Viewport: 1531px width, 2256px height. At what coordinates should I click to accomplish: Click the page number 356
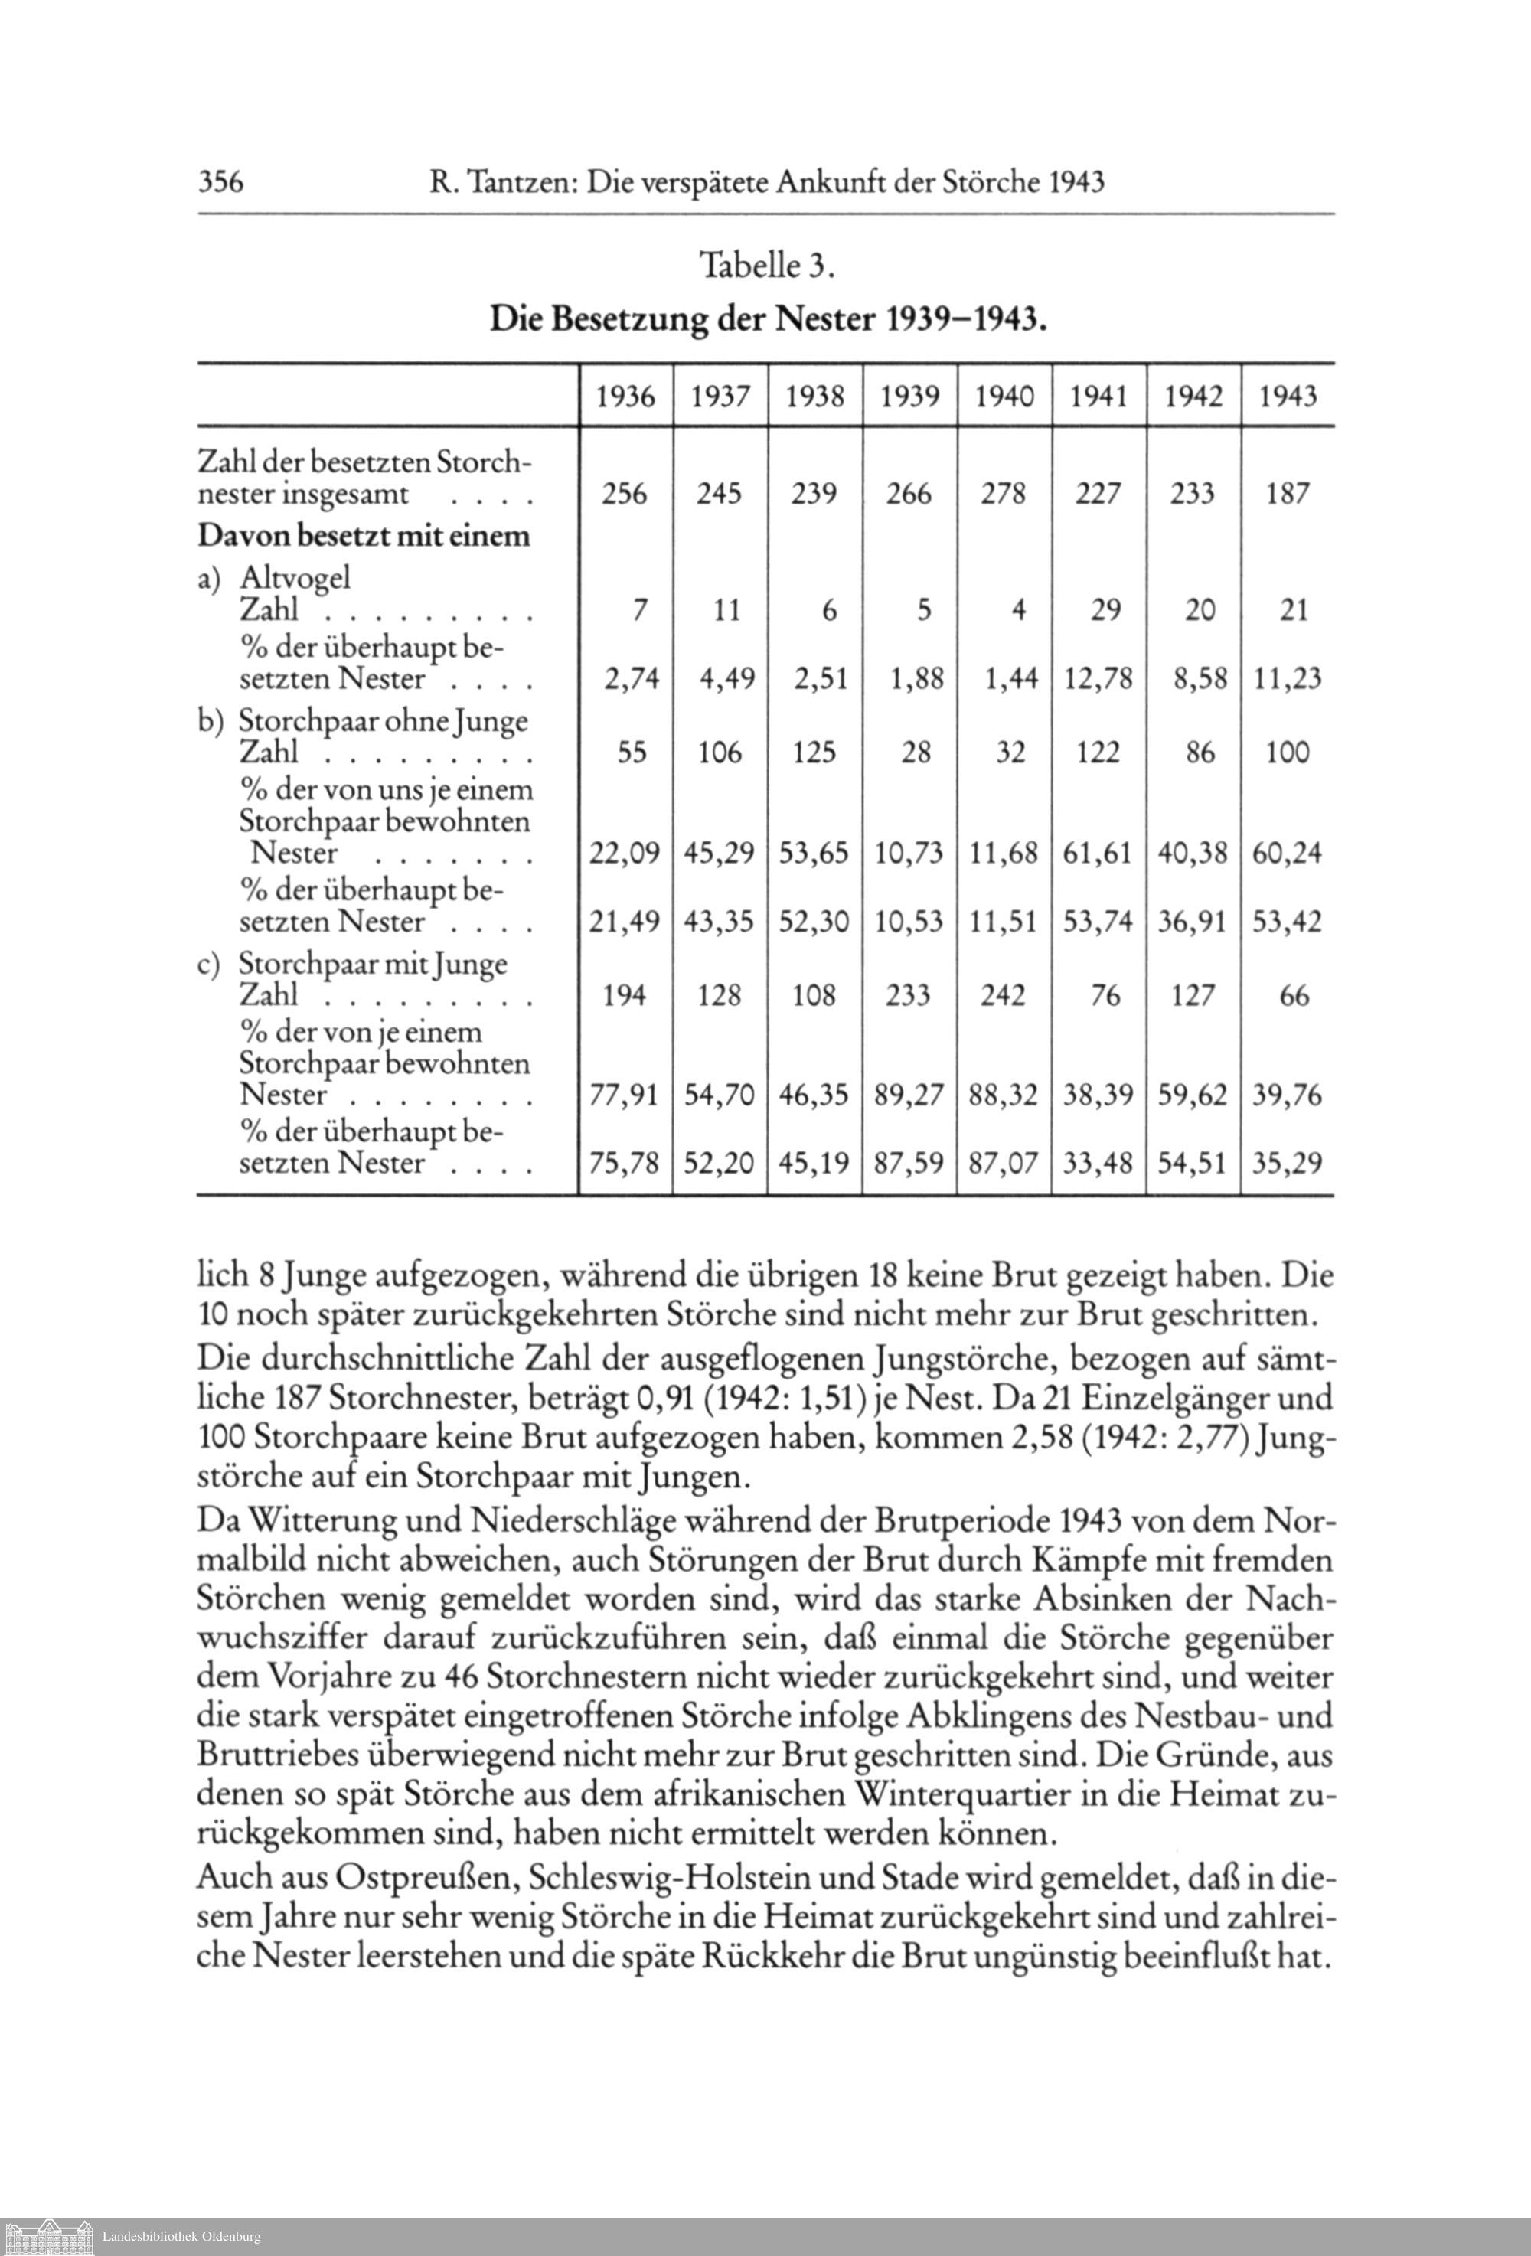click(x=220, y=181)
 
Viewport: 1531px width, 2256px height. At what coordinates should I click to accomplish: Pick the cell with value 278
click(x=1003, y=494)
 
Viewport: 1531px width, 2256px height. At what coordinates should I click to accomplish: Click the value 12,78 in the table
click(x=1098, y=678)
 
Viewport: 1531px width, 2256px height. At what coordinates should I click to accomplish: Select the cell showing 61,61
click(x=1098, y=854)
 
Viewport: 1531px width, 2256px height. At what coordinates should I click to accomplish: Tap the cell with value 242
click(x=1003, y=995)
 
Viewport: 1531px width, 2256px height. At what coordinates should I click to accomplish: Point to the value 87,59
click(x=909, y=1163)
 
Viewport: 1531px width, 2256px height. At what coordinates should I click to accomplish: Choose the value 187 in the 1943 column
click(x=1288, y=494)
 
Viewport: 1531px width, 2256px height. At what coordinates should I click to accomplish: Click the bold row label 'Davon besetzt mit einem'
click(x=364, y=536)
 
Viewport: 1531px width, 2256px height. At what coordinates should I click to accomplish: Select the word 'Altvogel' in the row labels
click(x=295, y=579)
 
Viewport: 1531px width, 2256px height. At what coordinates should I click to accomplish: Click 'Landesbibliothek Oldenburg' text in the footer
click(x=181, y=2237)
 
